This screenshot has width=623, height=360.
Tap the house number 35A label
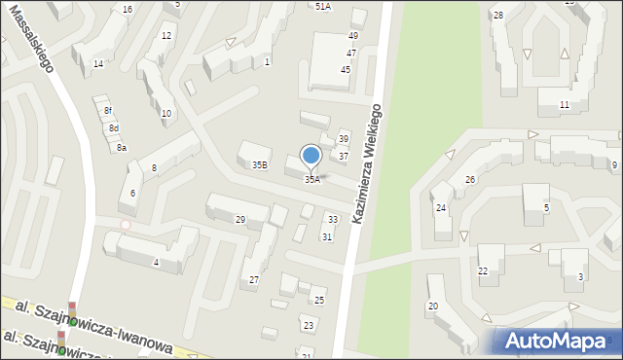pyautogui.click(x=311, y=179)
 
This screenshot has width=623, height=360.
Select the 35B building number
pyautogui.click(x=260, y=165)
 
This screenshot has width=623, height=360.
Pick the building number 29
pyautogui.click(x=240, y=220)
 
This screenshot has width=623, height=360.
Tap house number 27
pyautogui.click(x=254, y=280)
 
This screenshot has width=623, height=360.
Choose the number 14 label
pyautogui.click(x=98, y=63)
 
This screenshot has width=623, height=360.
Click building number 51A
pyautogui.click(x=323, y=6)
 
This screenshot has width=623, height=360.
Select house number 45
pyautogui.click(x=346, y=70)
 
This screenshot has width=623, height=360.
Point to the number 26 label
pyautogui.click(x=469, y=180)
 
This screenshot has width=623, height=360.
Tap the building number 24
pyautogui.click(x=441, y=208)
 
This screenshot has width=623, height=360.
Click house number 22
pyautogui.click(x=482, y=270)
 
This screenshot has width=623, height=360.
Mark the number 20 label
pyautogui.click(x=433, y=306)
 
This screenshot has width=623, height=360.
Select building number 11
pyautogui.click(x=565, y=104)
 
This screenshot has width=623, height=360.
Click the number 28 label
pyautogui.click(x=497, y=15)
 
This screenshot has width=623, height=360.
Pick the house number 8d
pyautogui.click(x=114, y=128)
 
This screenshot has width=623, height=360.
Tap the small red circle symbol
pyautogui.click(x=125, y=225)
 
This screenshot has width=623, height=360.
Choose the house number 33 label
pyautogui.click(x=333, y=220)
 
